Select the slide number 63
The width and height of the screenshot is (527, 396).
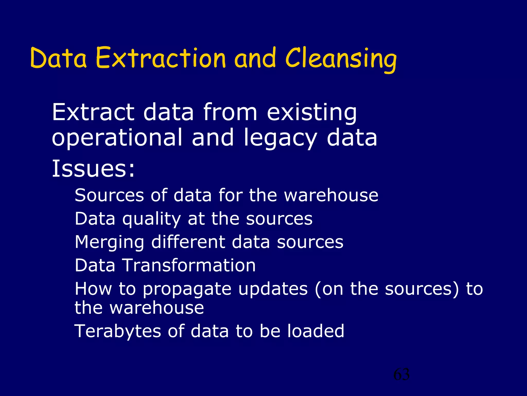[401, 374]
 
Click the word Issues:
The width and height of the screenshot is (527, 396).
[93, 169]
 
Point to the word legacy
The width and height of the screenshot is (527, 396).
[280, 138]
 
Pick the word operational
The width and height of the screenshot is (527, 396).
[117, 138]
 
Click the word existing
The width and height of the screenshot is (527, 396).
[312, 112]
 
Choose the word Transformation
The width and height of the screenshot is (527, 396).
[189, 266]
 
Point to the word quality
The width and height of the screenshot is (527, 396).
[152, 219]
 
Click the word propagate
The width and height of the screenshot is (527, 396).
[187, 289]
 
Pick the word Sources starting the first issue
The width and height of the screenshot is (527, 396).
[109, 195]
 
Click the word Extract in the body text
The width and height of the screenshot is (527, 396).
[93, 112]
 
